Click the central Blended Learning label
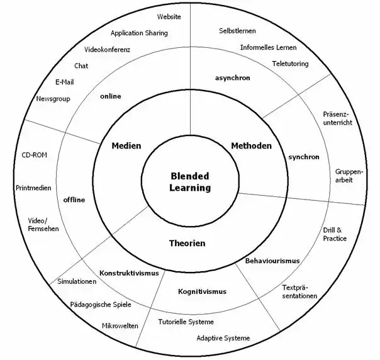[189, 182]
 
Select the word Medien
[126, 146]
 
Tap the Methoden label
[251, 146]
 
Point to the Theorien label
[187, 243]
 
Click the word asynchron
[232, 78]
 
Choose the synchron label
[303, 157]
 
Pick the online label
[110, 96]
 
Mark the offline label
[74, 200]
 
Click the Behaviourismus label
[272, 261]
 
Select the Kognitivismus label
[202, 291]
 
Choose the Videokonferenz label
[107, 50]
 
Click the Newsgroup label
[53, 99]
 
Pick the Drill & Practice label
[335, 234]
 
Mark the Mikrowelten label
[120, 326]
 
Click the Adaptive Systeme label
[223, 338]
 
